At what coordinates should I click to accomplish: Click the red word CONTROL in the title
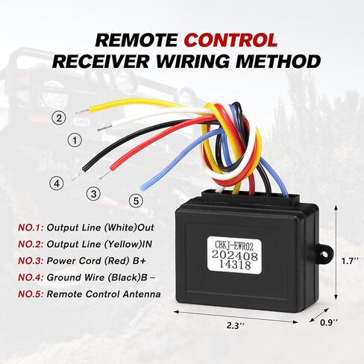click(x=232, y=40)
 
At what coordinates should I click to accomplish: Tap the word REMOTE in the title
click(x=136, y=40)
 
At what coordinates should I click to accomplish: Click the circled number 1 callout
click(x=75, y=140)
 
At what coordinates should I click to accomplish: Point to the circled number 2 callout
click(x=59, y=118)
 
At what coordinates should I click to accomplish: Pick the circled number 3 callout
click(x=93, y=194)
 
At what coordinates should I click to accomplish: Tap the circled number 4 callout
click(x=57, y=183)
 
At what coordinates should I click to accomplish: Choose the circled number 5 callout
click(x=136, y=201)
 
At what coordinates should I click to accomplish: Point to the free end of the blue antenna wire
click(x=142, y=187)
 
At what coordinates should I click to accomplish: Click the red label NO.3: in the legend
click(x=31, y=261)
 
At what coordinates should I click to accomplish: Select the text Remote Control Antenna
click(x=104, y=294)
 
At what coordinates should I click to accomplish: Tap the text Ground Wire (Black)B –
click(x=101, y=277)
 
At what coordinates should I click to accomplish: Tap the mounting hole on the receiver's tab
click(x=324, y=254)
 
